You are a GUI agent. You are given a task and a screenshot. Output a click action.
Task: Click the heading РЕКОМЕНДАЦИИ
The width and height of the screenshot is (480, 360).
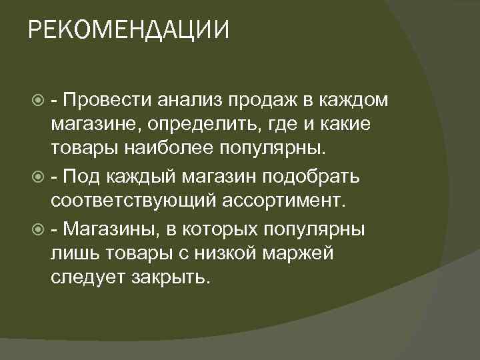129,30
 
